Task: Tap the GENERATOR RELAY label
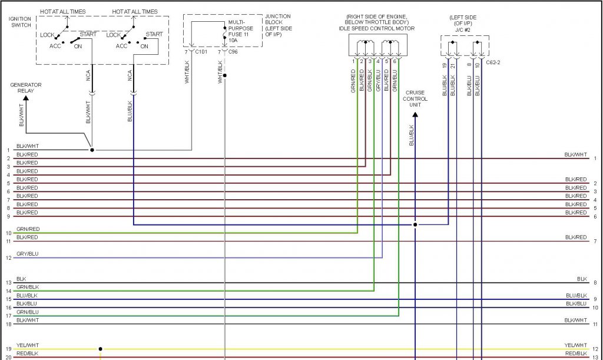[x=26, y=88]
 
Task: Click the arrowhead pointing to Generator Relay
[x=26, y=98]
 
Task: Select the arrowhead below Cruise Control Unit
[x=415, y=115]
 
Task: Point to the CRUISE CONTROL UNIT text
[x=415, y=98]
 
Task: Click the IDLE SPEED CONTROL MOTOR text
[x=376, y=28]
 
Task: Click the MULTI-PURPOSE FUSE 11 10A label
[x=240, y=31]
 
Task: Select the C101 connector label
[x=201, y=51]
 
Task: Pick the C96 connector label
[x=233, y=51]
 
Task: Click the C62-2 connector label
[x=493, y=62]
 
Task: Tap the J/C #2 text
[x=463, y=29]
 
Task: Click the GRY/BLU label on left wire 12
[x=27, y=254]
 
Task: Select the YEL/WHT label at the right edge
[x=576, y=345]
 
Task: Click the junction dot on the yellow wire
[x=100, y=349]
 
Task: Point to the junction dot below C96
[x=224, y=75]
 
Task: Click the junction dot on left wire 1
[x=92, y=150]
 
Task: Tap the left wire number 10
[x=8, y=233]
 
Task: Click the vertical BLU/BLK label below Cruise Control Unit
[x=411, y=135]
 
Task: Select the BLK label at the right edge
[x=582, y=279]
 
